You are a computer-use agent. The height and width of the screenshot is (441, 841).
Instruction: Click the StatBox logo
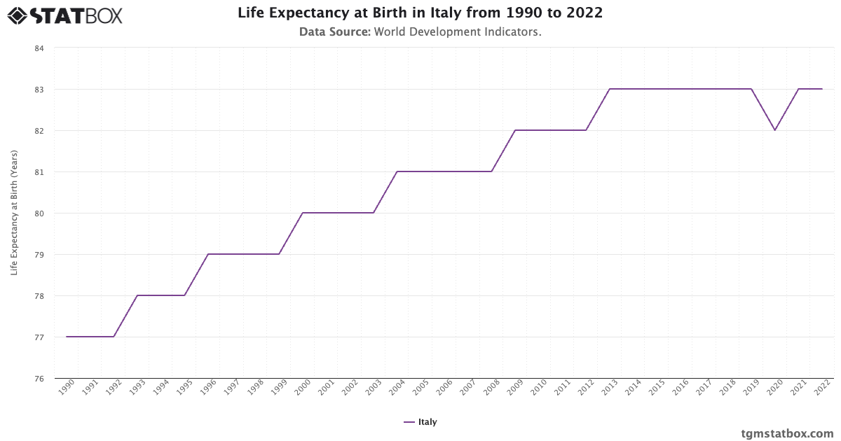click(x=65, y=15)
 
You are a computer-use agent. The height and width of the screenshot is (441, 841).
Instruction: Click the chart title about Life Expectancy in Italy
click(x=420, y=13)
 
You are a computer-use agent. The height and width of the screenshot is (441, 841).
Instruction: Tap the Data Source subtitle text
click(x=420, y=31)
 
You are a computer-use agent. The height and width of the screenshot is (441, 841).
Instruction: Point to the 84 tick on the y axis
click(x=39, y=48)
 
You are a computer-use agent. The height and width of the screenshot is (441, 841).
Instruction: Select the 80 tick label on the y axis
click(x=39, y=213)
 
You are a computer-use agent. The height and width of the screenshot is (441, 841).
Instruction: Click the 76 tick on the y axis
click(x=39, y=379)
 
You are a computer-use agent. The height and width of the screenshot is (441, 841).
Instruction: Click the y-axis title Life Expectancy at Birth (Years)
click(x=15, y=213)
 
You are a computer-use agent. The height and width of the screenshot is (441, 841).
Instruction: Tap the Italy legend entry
click(x=420, y=422)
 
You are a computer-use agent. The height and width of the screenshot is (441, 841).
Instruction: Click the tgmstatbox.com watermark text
click(x=787, y=433)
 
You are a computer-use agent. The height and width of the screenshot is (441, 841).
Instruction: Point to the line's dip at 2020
click(x=774, y=130)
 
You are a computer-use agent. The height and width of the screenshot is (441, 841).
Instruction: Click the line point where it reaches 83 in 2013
click(x=609, y=89)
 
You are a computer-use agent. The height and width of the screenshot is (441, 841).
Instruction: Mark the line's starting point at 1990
click(x=67, y=337)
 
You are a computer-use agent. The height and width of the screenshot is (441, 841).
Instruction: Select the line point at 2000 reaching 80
click(x=303, y=213)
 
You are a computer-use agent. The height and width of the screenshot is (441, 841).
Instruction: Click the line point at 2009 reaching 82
click(x=515, y=130)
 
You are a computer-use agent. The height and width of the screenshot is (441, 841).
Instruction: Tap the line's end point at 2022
click(x=821, y=89)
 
